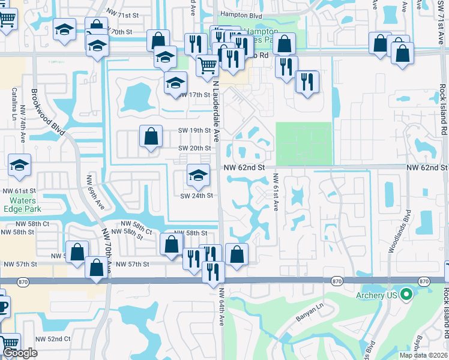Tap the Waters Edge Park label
21,205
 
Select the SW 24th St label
197,196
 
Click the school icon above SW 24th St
198,175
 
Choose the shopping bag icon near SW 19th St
151,136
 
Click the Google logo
20,353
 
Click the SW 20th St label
194,148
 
